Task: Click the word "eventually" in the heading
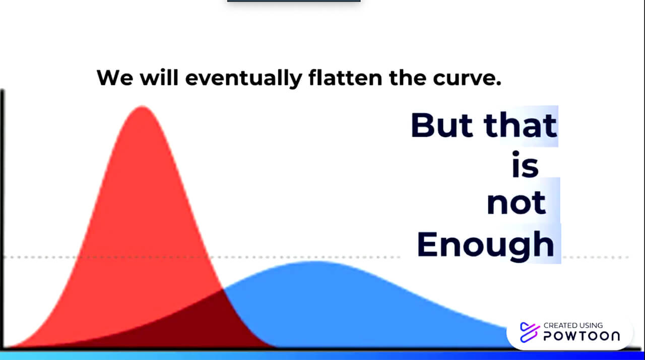click(x=243, y=78)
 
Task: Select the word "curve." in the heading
click(x=467, y=78)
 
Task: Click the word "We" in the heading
click(x=115, y=78)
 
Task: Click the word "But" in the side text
click(x=442, y=125)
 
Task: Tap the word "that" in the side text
click(x=520, y=125)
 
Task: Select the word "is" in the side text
click(x=525, y=164)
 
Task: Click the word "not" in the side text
click(x=516, y=203)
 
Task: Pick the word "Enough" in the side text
click(x=485, y=246)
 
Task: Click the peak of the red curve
click(x=143, y=107)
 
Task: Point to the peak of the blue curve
click(x=315, y=262)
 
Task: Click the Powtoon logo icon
click(x=529, y=333)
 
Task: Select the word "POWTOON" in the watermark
click(x=582, y=336)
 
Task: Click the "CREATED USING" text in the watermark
click(x=573, y=325)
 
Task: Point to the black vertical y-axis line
click(x=3, y=219)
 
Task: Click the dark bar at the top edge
click(x=294, y=1)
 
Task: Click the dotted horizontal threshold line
click(x=317, y=257)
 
